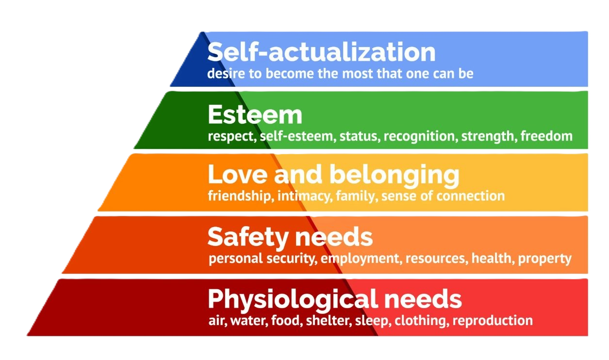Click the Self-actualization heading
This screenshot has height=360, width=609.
[x=321, y=52]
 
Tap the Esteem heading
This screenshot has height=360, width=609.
[x=255, y=115]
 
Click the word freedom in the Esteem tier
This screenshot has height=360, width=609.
[x=547, y=136]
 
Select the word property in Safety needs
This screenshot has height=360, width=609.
[x=545, y=258]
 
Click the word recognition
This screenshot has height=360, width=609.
[x=420, y=136]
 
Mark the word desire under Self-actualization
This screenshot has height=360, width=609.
[x=222, y=74]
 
